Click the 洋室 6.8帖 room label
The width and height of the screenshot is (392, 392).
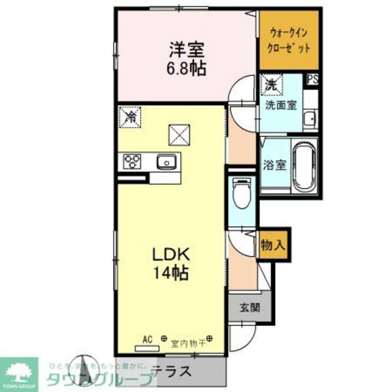pyautogui.click(x=186, y=57)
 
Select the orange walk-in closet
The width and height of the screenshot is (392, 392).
pyautogui.click(x=288, y=41)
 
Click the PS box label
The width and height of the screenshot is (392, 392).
pyautogui.click(x=313, y=80)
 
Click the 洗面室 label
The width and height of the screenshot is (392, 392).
pyautogui.click(x=280, y=104)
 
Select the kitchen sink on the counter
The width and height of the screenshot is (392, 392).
pyautogui.click(x=166, y=161)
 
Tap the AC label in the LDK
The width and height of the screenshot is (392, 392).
pyautogui.click(x=148, y=338)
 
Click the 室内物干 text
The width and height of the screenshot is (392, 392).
pyautogui.click(x=189, y=342)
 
